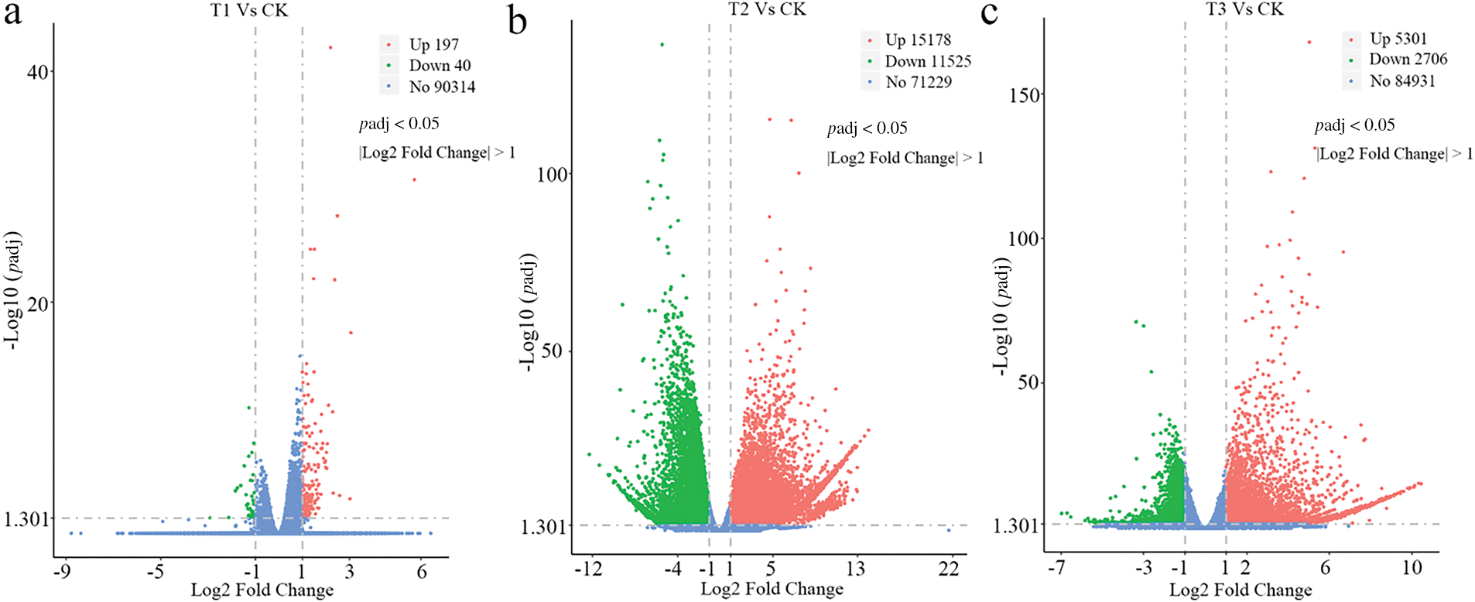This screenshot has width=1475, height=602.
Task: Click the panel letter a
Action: pyautogui.click(x=13, y=14)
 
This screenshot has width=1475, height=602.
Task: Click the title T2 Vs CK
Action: pyautogui.click(x=767, y=9)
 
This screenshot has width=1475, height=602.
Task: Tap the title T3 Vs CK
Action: pyautogui.click(x=1244, y=9)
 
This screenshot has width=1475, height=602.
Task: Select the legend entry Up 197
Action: pyautogui.click(x=433, y=45)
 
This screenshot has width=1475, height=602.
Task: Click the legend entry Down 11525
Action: pyautogui.click(x=927, y=61)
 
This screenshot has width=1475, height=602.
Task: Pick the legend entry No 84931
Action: pyautogui.click(x=1401, y=80)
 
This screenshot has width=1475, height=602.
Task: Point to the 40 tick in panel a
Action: pyautogui.click(x=38, y=71)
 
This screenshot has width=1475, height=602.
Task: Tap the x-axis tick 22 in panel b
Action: pyautogui.click(x=949, y=569)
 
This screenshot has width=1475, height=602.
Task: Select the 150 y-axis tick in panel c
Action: pyautogui.click(x=1025, y=95)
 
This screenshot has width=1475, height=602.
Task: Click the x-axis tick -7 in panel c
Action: pyautogui.click(x=1056, y=568)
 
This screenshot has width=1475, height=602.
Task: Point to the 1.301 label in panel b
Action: pyautogui.click(x=544, y=527)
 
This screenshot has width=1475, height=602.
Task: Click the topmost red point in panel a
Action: pyautogui.click(x=330, y=47)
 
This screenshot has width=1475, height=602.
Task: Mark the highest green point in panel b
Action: pyautogui.click(x=662, y=44)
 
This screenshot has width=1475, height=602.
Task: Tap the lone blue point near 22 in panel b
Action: pyautogui.click(x=949, y=530)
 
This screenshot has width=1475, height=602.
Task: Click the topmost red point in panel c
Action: pyautogui.click(x=1309, y=43)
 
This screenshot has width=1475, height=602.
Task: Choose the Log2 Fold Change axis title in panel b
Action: pyautogui.click(x=772, y=589)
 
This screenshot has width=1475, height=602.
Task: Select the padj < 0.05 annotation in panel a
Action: pyautogui.click(x=399, y=124)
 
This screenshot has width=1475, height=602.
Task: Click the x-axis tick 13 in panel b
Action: pyautogui.click(x=855, y=569)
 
